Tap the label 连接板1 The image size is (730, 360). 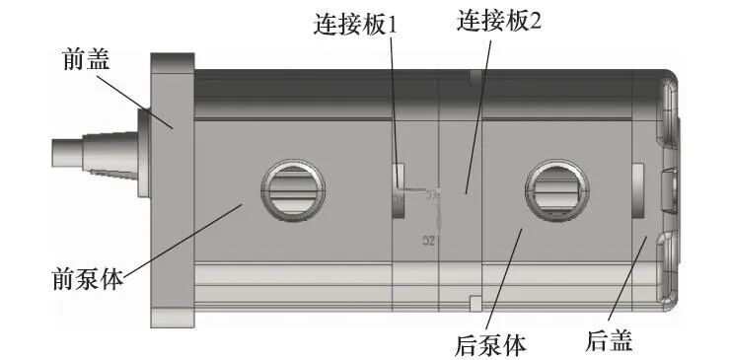[352, 23]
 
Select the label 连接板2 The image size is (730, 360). [499, 22]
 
